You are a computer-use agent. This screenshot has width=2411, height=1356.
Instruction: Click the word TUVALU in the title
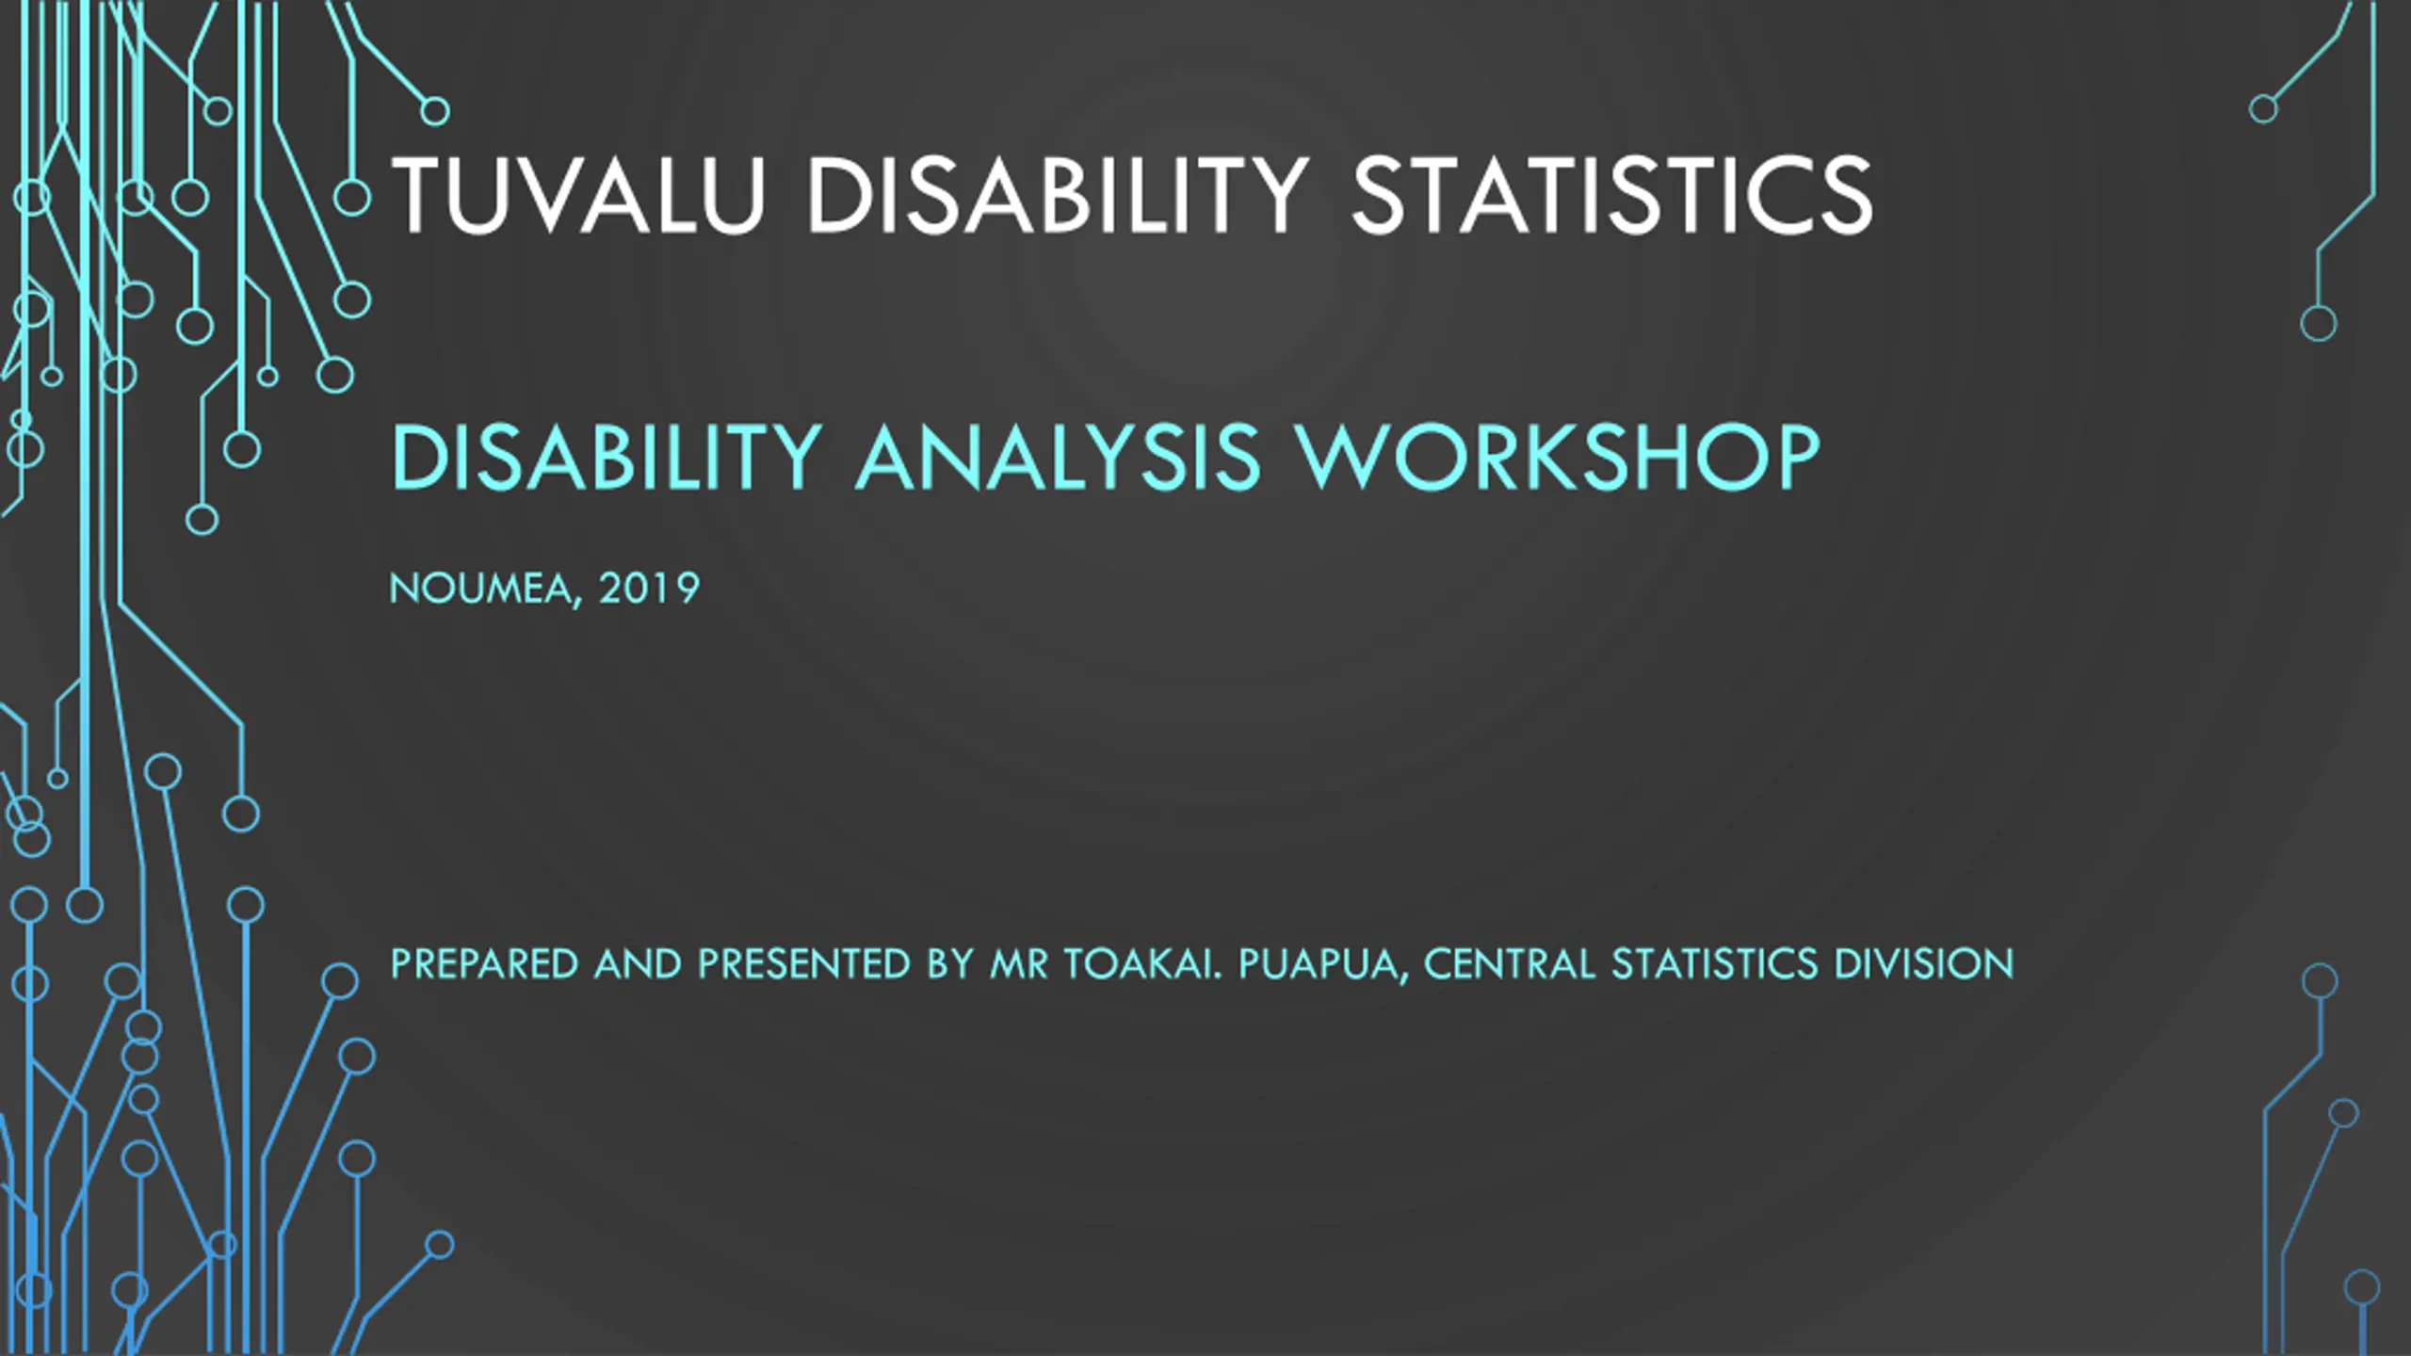(x=578, y=195)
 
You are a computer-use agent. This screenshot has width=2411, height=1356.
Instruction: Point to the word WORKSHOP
(x=1560, y=457)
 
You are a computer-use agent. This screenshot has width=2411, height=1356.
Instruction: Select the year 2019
(x=649, y=589)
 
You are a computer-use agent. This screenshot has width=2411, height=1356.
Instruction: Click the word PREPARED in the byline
(x=484, y=964)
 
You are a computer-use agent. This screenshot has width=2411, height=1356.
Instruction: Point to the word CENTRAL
(x=1510, y=964)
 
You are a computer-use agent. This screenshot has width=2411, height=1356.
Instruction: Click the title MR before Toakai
(x=1019, y=964)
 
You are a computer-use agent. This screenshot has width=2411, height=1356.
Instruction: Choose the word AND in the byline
(x=638, y=964)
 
